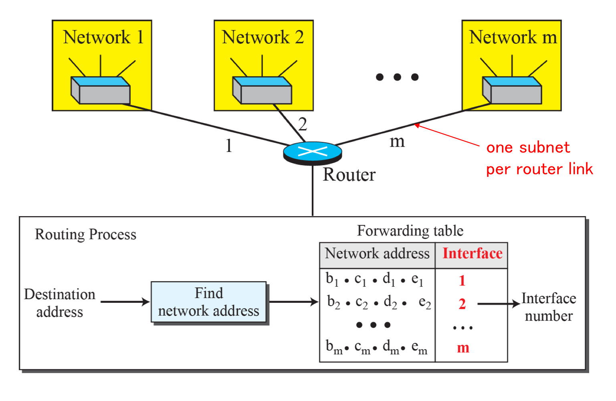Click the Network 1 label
point(103,37)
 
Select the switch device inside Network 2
point(263,90)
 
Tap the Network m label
point(513,37)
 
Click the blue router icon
point(313,153)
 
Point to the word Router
point(349,175)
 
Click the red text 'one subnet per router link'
point(539,158)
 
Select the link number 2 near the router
point(303,124)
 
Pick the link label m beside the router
point(397,141)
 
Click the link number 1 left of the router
point(229,145)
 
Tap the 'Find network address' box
point(208,302)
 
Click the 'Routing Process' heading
point(85,235)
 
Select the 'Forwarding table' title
point(410,231)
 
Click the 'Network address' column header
point(377,254)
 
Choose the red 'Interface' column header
point(472,254)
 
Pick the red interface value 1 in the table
point(462,281)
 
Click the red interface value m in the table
point(463,348)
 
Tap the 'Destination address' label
point(60,303)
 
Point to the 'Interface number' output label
point(549,307)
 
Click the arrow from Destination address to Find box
point(125,302)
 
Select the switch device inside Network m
point(512,90)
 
